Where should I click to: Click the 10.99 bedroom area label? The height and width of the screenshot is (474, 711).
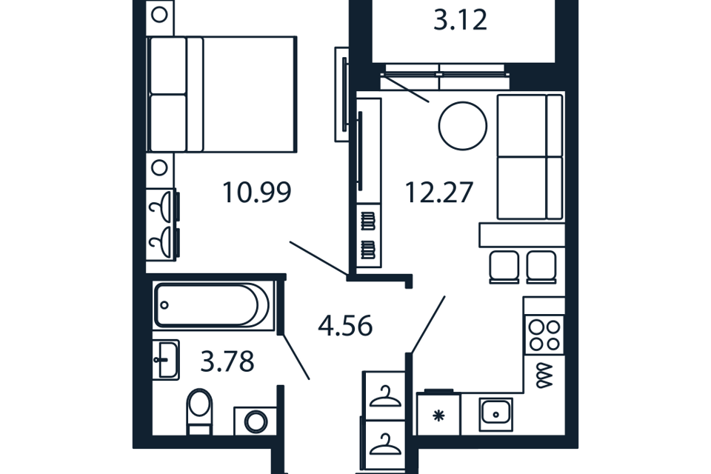(x=257, y=193)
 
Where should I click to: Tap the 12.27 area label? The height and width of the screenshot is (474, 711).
(x=439, y=193)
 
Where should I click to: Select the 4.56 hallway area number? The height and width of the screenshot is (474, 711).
(x=345, y=326)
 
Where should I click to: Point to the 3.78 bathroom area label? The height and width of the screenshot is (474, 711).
(x=227, y=362)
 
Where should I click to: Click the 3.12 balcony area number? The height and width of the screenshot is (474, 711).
(x=460, y=21)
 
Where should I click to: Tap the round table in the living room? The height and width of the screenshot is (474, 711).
(x=462, y=126)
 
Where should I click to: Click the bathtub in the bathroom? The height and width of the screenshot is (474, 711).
(x=214, y=305)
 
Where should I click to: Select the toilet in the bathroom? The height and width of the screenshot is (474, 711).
(x=199, y=411)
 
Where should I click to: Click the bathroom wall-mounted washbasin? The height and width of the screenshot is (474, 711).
(x=166, y=360)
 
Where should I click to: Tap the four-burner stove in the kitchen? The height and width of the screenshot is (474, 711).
(x=544, y=336)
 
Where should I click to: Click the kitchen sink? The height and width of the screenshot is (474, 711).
(x=495, y=414)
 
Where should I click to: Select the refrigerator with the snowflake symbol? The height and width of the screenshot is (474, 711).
(x=438, y=414)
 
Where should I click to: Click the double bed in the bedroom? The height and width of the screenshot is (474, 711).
(x=222, y=94)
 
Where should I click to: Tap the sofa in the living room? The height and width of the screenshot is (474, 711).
(x=530, y=156)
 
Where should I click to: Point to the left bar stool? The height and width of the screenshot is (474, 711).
(x=504, y=267)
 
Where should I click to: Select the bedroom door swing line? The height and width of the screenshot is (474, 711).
(x=318, y=258)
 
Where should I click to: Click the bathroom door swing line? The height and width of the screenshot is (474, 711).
(x=296, y=356)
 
